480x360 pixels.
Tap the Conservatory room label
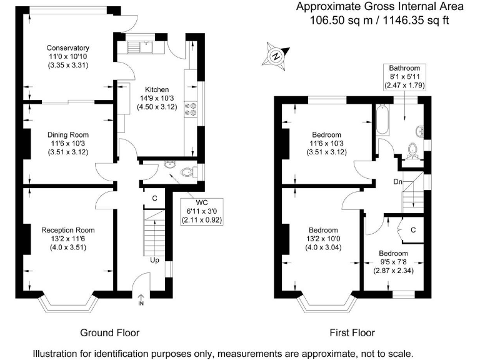68,47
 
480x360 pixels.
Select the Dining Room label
68,135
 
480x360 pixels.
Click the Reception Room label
68,230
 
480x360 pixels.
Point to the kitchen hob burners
191,109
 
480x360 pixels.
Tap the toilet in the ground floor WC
187,172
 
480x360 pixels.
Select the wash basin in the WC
169,164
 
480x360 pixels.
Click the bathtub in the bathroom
382,120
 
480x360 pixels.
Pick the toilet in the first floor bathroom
412,151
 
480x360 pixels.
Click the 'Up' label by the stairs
154,260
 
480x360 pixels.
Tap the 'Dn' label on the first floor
397,182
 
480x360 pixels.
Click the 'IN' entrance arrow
141,300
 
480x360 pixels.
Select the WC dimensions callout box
202,211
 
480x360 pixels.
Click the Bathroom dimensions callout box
405,77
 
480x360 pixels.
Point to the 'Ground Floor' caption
110,332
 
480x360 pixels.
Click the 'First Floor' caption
352,332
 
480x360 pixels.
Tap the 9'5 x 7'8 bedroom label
393,262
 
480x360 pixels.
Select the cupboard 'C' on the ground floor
154,198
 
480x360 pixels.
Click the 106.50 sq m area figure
341,20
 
